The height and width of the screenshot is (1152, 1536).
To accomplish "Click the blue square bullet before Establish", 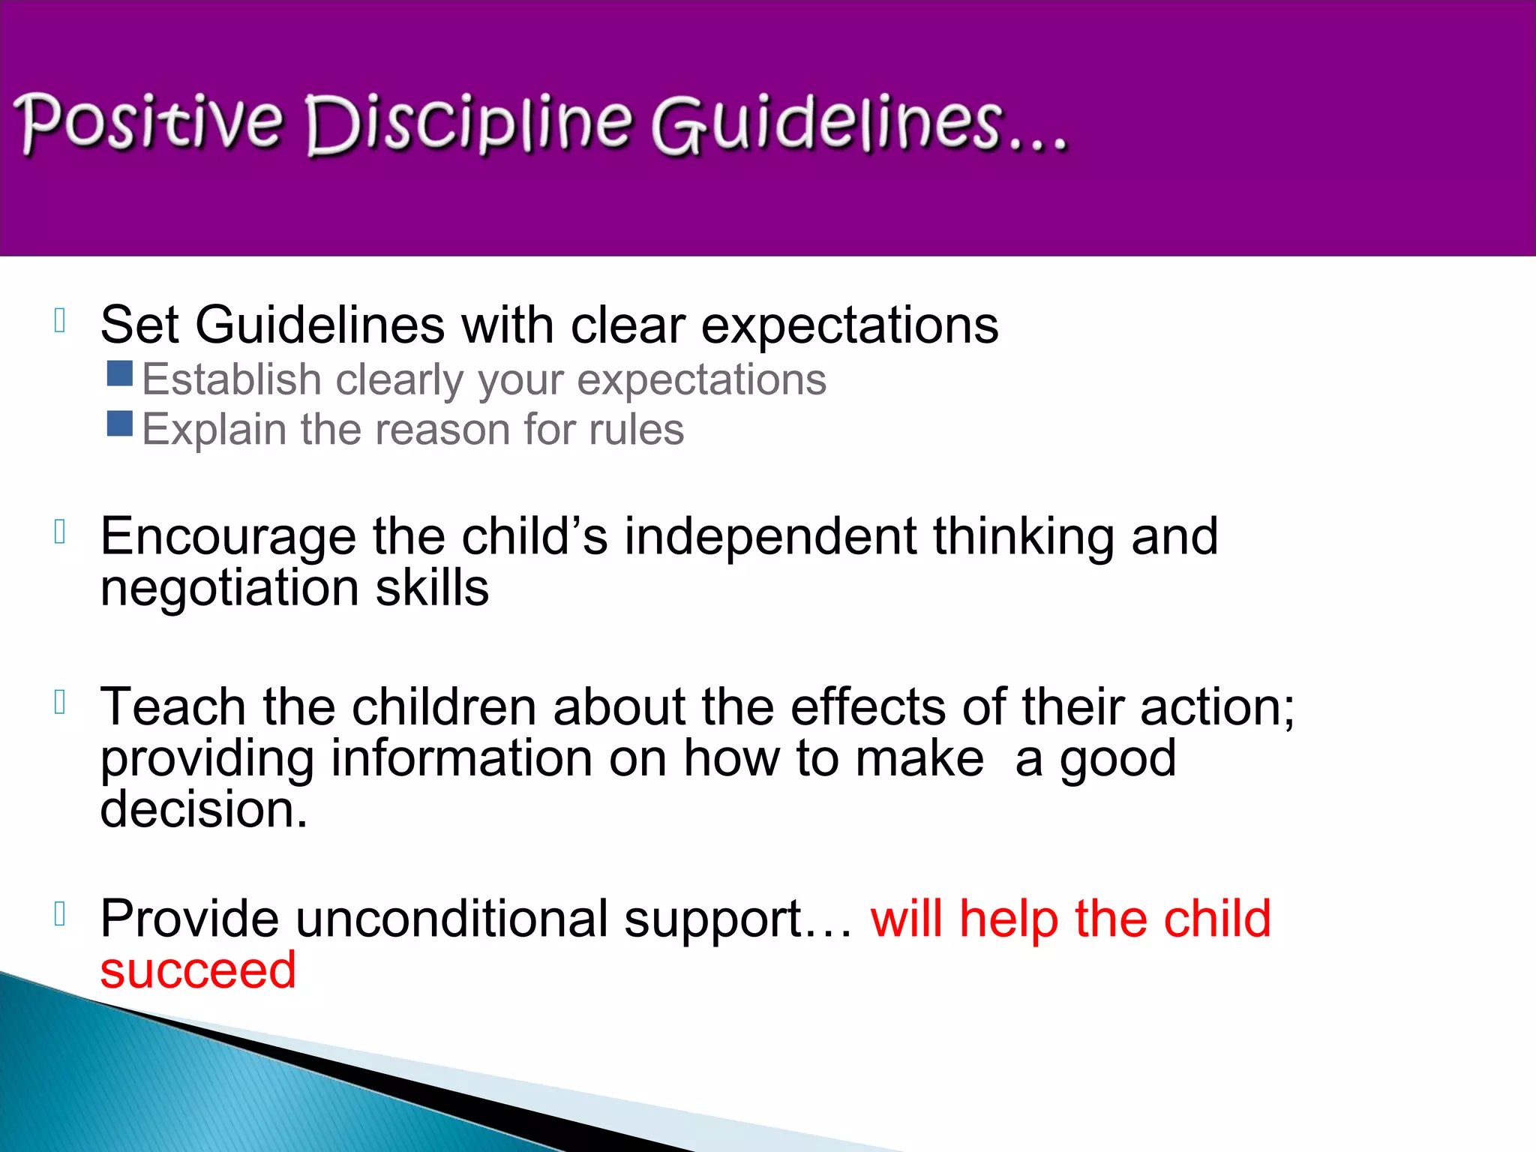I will pos(120,373).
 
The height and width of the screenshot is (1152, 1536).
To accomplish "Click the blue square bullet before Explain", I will pos(120,424).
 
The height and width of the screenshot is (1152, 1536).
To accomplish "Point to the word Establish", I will pos(232,379).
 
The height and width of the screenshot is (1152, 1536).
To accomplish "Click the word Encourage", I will pos(228,538).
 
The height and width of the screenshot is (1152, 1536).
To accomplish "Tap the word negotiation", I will pos(229,588).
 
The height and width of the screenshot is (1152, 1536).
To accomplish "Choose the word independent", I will pos(770,537).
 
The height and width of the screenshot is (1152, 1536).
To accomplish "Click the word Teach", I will pos(172,707).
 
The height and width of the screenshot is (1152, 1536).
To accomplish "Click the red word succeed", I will pos(198,970).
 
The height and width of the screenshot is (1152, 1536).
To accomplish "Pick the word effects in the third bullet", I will pos(868,707).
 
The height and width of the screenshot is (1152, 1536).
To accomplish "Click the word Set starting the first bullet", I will pos(139,325).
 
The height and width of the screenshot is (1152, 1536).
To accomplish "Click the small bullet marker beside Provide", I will pos(61,914).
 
